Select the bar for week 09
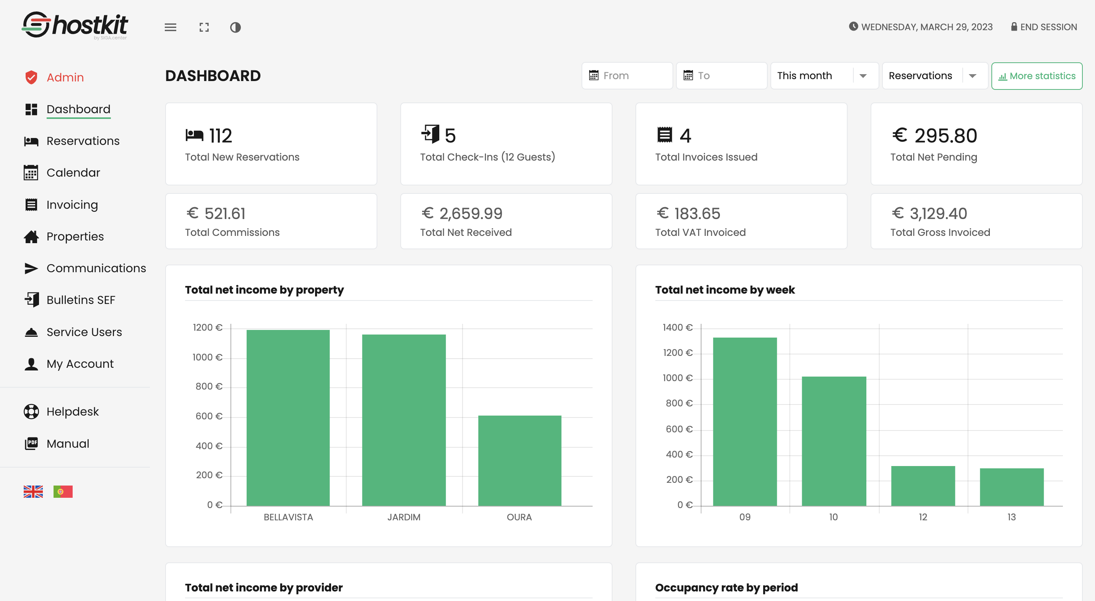pos(745,421)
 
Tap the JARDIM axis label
pos(403,517)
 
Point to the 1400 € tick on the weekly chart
pos(677,327)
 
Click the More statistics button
pos(1037,76)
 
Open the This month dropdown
pos(824,76)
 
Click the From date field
pos(627,76)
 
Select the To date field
pos(721,76)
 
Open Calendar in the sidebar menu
pos(73,172)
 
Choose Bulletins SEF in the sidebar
pos(81,300)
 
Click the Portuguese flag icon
pos(63,491)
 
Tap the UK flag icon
pos(33,491)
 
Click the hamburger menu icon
pos(171,27)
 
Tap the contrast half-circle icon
pos(235,27)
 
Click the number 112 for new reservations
pos(220,136)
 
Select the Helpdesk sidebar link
pos(72,411)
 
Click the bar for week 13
pos(1011,487)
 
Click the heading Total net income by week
pos(725,290)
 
